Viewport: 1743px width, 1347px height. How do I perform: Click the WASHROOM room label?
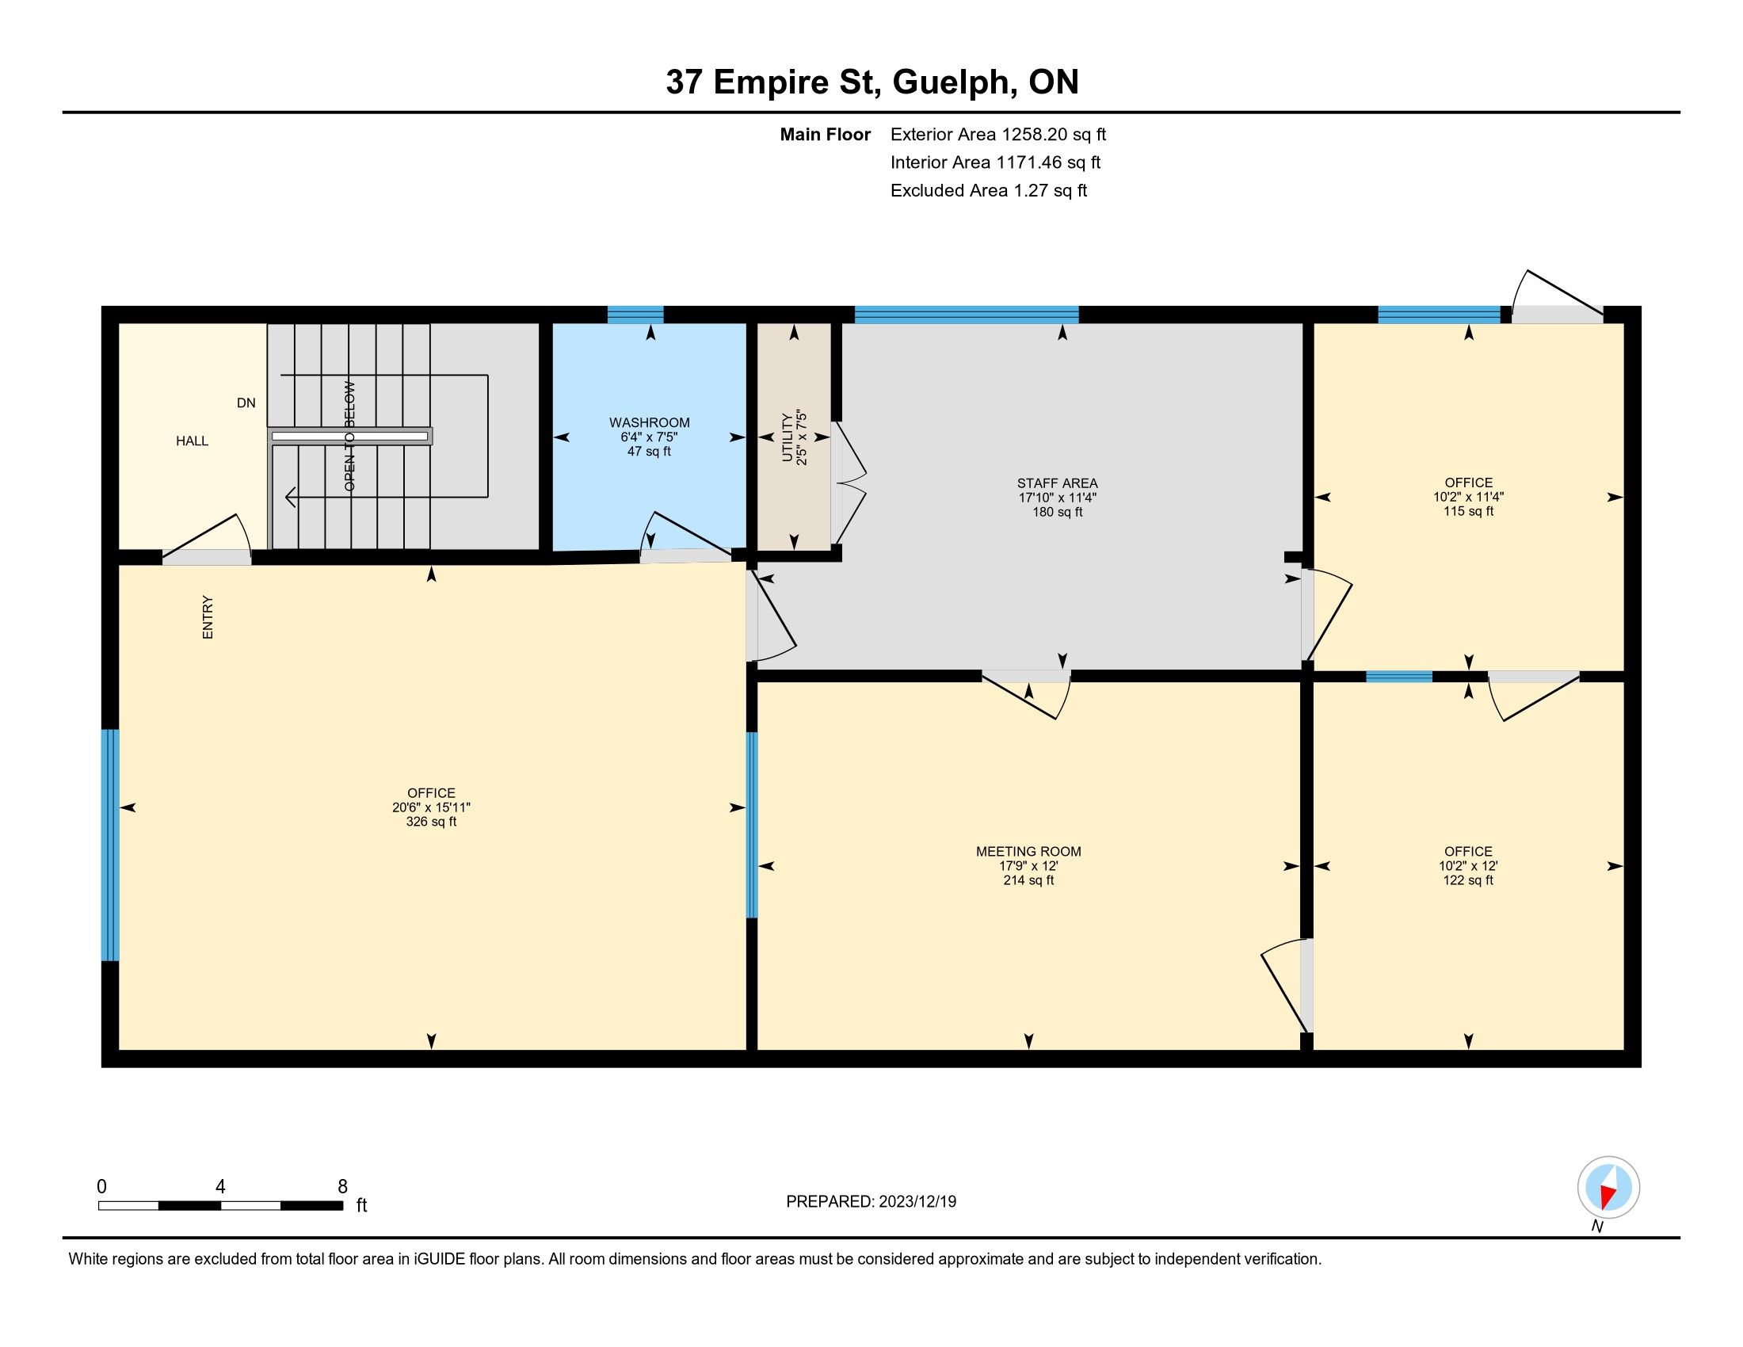(649, 422)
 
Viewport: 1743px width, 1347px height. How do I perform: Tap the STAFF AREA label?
(1058, 483)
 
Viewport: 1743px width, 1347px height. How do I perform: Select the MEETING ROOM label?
(1028, 852)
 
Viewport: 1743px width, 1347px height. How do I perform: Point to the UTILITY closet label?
(788, 437)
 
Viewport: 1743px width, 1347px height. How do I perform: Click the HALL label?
(193, 441)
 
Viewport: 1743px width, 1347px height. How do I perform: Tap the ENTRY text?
(208, 616)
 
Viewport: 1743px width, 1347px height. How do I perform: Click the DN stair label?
(246, 403)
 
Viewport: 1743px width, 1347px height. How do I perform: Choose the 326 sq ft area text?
(431, 821)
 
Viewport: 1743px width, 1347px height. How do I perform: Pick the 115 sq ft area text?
(1468, 511)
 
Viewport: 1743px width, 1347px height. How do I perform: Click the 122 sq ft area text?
(1468, 880)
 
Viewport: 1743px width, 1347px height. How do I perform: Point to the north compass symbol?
(1608, 1188)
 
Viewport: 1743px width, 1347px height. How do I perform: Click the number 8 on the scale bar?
(342, 1187)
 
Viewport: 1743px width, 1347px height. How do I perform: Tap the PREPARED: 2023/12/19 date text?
(871, 1202)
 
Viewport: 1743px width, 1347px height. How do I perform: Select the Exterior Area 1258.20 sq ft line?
(998, 134)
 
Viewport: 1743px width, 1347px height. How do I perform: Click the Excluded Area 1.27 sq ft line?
(989, 190)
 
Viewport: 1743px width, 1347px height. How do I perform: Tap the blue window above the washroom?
(635, 315)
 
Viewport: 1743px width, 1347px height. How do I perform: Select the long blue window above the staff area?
(967, 315)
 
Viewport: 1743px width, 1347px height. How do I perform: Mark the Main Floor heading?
(826, 134)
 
